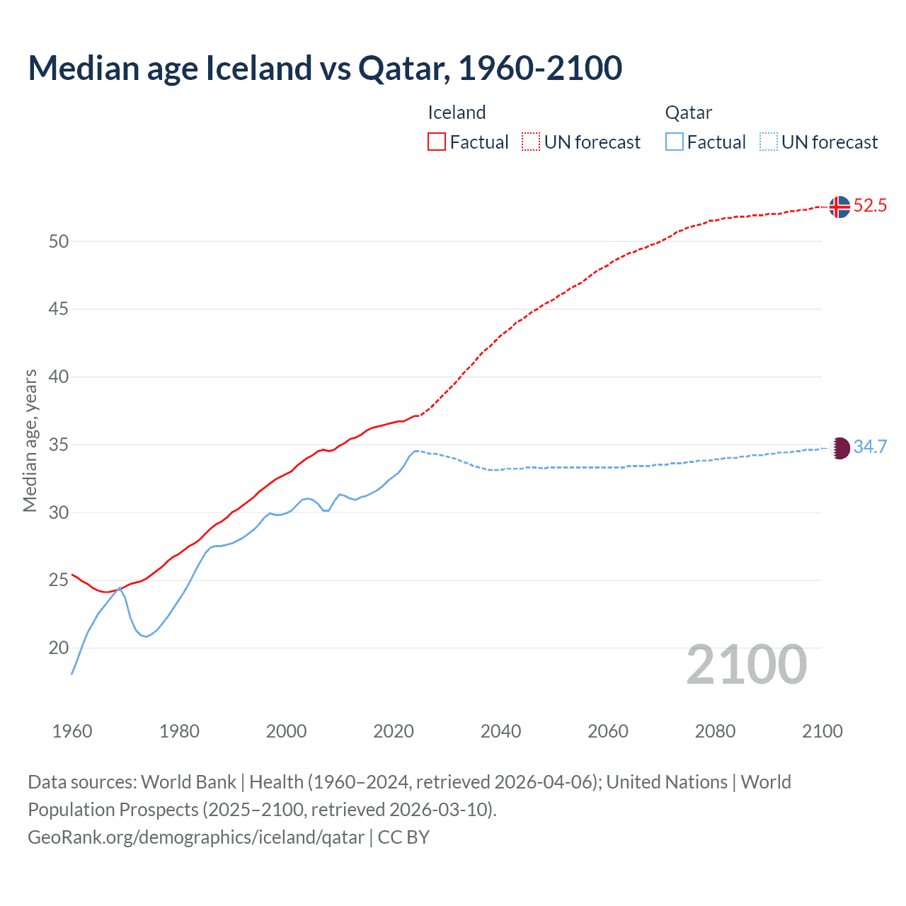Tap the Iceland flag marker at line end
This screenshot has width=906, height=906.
pyautogui.click(x=839, y=207)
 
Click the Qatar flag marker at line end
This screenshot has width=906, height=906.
pyautogui.click(x=839, y=448)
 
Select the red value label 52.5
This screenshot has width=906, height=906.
pyautogui.click(x=870, y=206)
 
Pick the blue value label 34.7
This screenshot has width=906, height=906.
pyautogui.click(x=870, y=447)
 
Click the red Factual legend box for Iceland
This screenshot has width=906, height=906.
pyautogui.click(x=437, y=142)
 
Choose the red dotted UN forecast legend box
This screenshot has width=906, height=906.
pyautogui.click(x=531, y=142)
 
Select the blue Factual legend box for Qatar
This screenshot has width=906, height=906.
pyautogui.click(x=674, y=142)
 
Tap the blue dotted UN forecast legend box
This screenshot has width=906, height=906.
pyautogui.click(x=768, y=142)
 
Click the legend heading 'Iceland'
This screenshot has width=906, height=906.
pyautogui.click(x=457, y=113)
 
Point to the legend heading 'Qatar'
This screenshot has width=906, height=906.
pyautogui.click(x=688, y=113)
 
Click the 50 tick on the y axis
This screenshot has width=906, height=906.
pyautogui.click(x=59, y=241)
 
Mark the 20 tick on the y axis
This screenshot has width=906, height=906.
pyautogui.click(x=59, y=648)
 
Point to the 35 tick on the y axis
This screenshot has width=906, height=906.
pyautogui.click(x=59, y=445)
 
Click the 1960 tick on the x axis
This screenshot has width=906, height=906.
pyautogui.click(x=72, y=731)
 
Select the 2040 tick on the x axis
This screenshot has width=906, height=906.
pyautogui.click(x=500, y=731)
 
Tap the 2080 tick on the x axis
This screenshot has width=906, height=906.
pyautogui.click(x=715, y=731)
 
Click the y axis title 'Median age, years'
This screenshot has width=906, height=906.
pyautogui.click(x=30, y=440)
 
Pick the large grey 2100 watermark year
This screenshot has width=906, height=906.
pyautogui.click(x=746, y=665)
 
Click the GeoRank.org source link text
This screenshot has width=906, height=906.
pyautogui.click(x=196, y=837)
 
